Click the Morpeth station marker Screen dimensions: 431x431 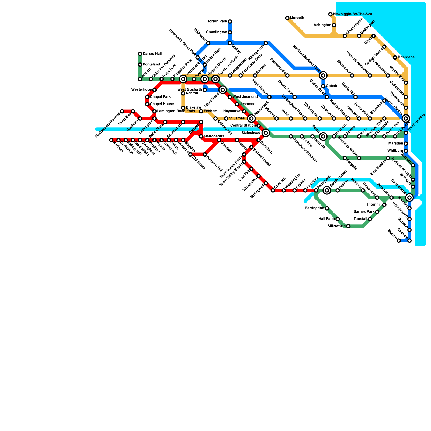point(287,18)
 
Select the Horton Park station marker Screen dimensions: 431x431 point(230,22)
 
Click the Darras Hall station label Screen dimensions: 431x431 point(152,54)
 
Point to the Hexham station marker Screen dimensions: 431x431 point(111,140)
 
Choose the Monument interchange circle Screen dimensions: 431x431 point(251,118)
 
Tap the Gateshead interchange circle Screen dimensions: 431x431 point(266,133)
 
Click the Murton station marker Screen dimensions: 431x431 point(399,241)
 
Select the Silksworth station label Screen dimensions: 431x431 point(336,226)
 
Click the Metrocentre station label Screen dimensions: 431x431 point(214,136)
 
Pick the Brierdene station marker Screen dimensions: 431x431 point(395,57)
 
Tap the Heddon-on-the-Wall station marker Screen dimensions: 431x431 point(122,111)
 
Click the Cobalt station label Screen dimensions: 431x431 point(332,86)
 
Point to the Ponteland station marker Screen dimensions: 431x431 point(140,65)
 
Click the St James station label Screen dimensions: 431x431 point(237,118)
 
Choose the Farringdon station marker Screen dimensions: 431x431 point(327,208)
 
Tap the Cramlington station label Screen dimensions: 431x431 point(216,32)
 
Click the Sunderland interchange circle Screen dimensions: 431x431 point(409,197)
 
